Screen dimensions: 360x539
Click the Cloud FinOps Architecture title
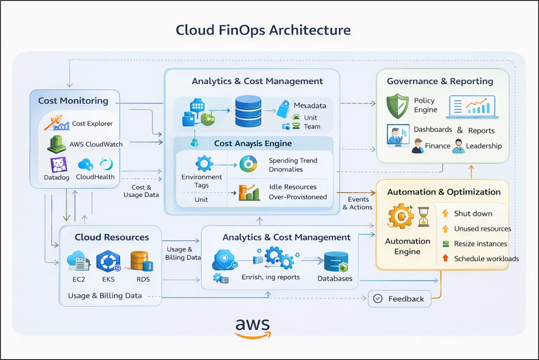pos(263,30)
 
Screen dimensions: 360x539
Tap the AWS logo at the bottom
pos(253,328)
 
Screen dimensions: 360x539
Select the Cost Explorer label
pos(92,123)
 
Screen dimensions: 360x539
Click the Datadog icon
pos(59,165)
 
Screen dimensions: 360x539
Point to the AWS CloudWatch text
pos(96,144)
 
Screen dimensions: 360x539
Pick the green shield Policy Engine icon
pos(397,106)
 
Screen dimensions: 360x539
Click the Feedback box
pos(400,299)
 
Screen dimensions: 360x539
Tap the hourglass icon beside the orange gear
pos(424,216)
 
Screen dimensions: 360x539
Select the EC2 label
pos(79,279)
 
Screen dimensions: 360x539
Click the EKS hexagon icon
pos(108,261)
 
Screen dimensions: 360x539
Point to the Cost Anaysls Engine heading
pos(253,143)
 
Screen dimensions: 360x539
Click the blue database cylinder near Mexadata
pos(248,111)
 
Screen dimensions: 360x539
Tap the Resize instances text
pos(480,244)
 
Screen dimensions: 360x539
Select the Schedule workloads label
pos(486,259)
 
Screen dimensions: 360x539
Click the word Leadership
pos(484,146)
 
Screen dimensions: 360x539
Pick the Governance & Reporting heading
pos(440,81)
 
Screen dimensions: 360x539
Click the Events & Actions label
pos(358,203)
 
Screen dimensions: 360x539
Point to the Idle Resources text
pos(293,187)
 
